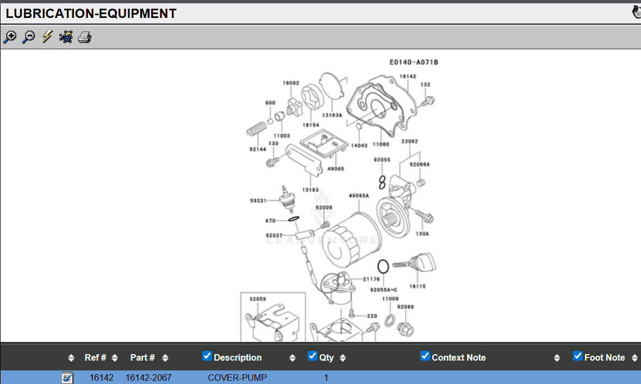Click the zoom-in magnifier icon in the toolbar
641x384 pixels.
click(10, 37)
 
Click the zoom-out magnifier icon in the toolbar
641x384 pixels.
click(29, 37)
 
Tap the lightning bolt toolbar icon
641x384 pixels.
click(47, 37)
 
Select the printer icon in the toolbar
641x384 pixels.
click(84, 37)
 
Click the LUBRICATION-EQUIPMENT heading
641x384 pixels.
click(91, 14)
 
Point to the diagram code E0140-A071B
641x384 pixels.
click(414, 62)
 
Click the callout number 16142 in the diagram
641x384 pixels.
click(408, 77)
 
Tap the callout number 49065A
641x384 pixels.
click(359, 196)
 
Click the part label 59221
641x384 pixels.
click(258, 201)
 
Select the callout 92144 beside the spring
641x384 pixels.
click(258, 149)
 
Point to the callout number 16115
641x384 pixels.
click(418, 286)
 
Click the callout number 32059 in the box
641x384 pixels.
click(258, 299)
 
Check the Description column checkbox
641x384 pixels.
click(207, 356)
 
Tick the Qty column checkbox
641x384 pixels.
click(312, 356)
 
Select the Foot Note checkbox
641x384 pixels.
click(578, 356)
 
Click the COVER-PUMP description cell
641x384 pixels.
click(237, 377)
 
